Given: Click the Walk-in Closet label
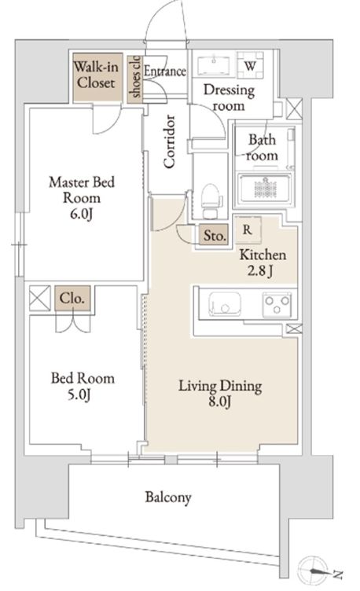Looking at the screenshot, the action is tap(96, 75).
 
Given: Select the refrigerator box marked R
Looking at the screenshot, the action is tap(248, 229).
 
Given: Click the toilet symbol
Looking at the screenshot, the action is tap(210, 200).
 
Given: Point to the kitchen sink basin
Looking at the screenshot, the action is tap(226, 303).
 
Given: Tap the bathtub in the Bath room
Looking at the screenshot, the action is tap(265, 188).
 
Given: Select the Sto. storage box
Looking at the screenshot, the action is tap(214, 236).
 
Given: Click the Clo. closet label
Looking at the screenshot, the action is tap(72, 299).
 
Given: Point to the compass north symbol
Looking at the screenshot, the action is tap(314, 571).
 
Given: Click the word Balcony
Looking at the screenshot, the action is tap(168, 497).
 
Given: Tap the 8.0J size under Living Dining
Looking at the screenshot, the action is tap(220, 402).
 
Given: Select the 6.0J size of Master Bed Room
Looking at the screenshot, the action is tap(82, 214).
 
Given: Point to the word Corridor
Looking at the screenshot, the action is tap(170, 141).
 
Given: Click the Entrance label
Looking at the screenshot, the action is tap(165, 71).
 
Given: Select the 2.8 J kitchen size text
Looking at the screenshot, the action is tap(260, 271).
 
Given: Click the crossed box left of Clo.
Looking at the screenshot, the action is tap(40, 298).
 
